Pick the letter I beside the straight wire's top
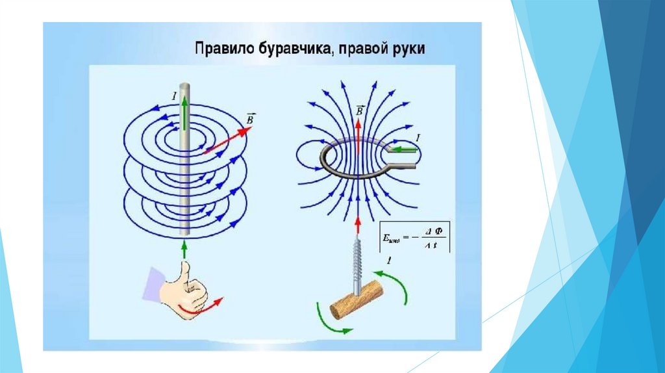[x=175, y=96]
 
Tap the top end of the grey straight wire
[x=184, y=86]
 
